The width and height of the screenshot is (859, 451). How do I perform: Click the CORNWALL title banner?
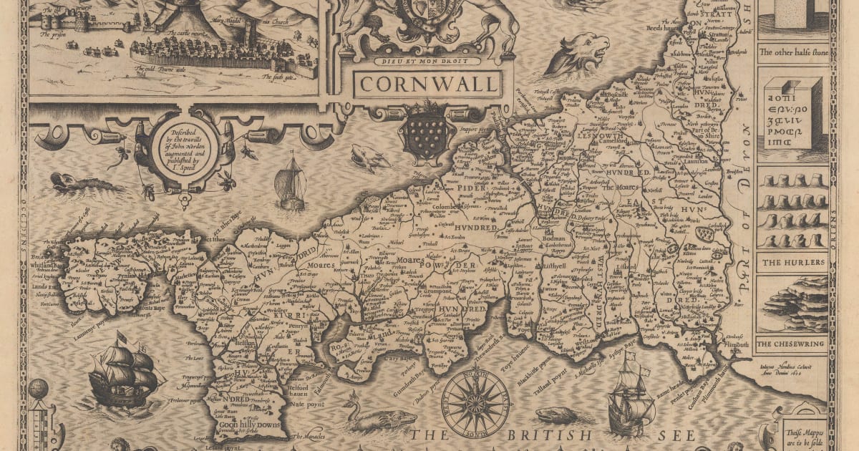tap(428, 83)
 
